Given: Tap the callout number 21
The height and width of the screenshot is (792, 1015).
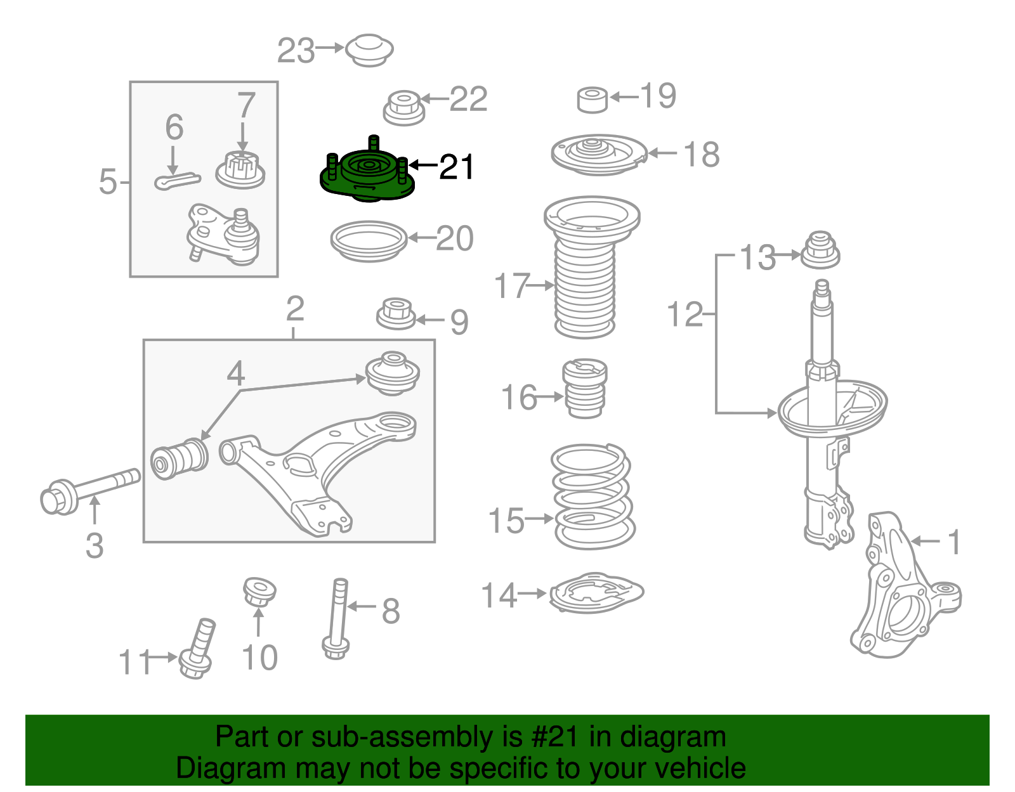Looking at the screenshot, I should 457,167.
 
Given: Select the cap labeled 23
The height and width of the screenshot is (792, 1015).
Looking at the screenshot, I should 369,50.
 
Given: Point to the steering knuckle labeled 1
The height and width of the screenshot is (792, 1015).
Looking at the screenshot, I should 901,590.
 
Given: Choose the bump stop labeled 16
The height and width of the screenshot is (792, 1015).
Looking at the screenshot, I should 585,388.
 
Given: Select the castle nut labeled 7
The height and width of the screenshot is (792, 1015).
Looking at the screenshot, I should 240,169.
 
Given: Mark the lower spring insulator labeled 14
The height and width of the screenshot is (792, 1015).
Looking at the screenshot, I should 595,594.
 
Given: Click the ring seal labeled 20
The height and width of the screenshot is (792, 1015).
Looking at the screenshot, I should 369,241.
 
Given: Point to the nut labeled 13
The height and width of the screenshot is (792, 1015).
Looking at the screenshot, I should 820,250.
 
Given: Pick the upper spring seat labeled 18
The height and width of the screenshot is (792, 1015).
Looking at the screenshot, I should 598,155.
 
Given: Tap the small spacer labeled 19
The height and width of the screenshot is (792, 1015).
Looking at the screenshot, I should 593,100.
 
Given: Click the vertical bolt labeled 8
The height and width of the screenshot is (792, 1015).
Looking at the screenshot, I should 338,618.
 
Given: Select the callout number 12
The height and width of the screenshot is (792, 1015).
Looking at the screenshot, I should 685,315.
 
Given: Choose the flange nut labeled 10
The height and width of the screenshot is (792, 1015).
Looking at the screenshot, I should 259,593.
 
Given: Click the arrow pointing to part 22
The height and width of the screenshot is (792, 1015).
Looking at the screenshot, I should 435,99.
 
